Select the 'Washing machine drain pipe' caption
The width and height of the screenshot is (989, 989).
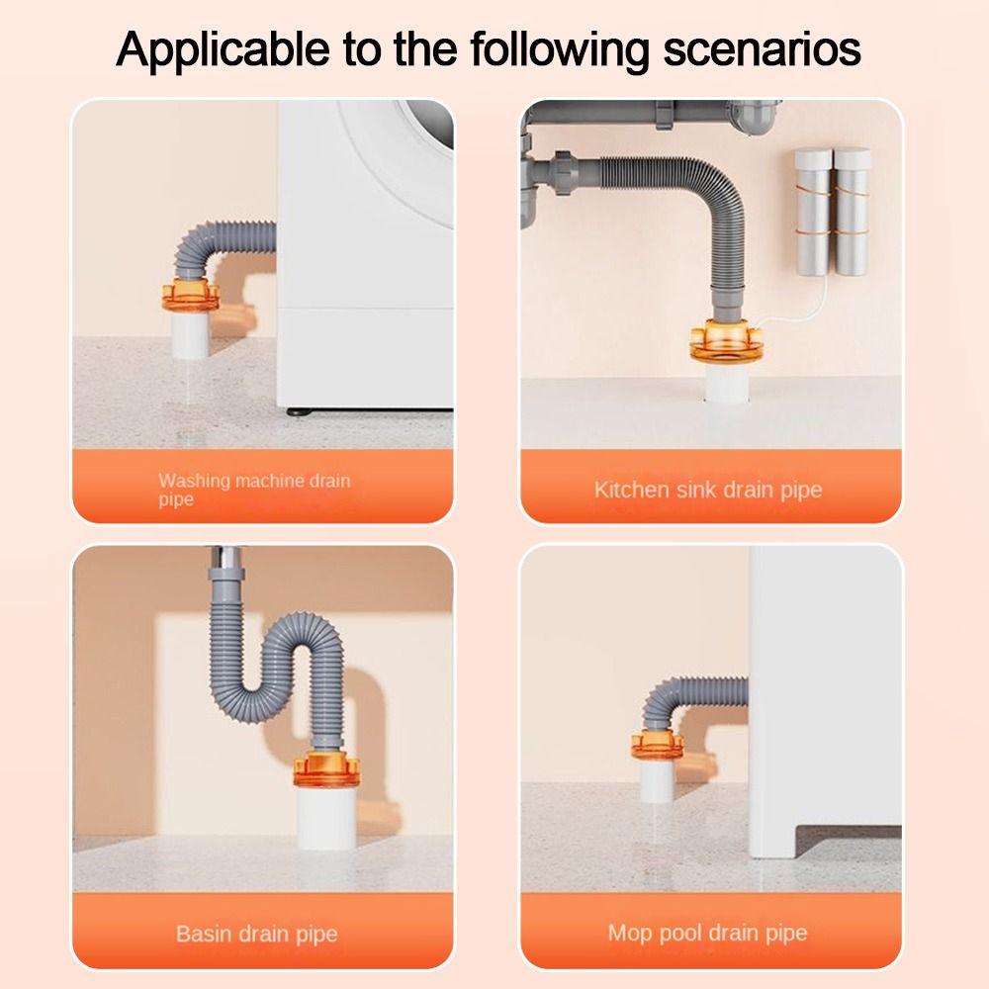tap(254, 490)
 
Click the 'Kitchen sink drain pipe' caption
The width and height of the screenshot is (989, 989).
tap(708, 490)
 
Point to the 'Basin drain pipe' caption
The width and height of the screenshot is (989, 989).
tap(256, 933)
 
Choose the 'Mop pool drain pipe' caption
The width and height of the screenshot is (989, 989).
tap(707, 932)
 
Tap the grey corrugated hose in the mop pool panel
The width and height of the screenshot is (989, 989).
tap(682, 698)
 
